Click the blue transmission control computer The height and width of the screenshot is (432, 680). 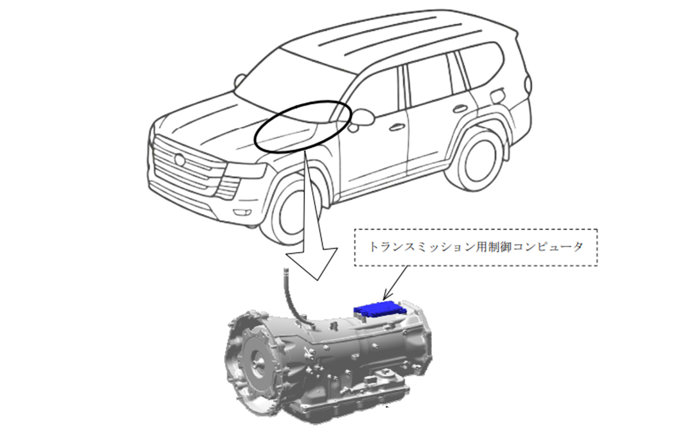pos(380,310)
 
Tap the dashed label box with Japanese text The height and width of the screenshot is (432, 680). pos(476,248)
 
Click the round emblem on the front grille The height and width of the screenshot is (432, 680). pos(180,160)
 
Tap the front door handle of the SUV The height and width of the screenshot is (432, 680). pos(397,128)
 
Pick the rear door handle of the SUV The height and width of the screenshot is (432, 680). pos(461,109)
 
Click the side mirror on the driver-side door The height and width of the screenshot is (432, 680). pos(362,117)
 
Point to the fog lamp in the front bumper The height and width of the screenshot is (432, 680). pos(243,212)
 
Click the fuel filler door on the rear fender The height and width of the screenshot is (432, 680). pos(498,96)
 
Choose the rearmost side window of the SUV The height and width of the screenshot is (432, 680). pos(481,65)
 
